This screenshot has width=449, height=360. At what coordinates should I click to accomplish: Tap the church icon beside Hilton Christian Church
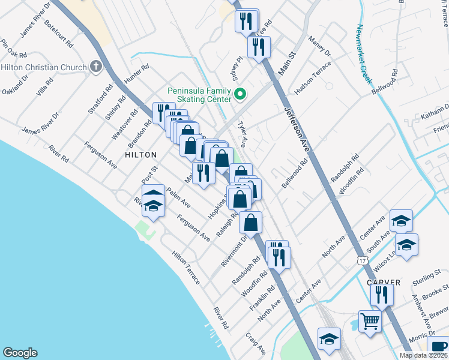(95, 67)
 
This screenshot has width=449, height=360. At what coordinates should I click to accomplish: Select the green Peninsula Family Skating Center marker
(240, 94)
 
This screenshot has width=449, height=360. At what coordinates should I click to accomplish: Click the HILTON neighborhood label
(142, 154)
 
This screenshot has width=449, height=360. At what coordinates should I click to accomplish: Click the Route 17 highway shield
(361, 260)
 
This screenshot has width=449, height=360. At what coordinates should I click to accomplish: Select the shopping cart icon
(370, 320)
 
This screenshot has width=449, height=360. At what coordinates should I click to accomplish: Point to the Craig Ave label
(256, 343)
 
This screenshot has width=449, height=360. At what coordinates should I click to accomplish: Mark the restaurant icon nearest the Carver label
(382, 294)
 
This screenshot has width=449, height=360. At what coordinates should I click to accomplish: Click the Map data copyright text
(423, 355)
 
